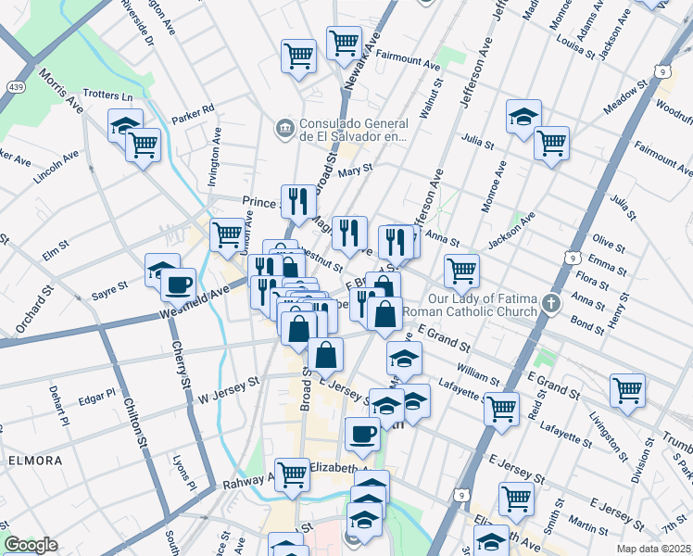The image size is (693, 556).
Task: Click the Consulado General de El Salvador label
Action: [x=353, y=130]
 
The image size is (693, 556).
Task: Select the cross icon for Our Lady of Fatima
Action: [x=551, y=303]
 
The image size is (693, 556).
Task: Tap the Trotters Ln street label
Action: [x=108, y=95]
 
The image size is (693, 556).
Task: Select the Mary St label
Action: [x=355, y=170]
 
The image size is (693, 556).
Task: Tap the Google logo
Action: [x=31, y=545]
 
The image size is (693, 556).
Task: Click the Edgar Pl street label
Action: [x=96, y=399]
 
